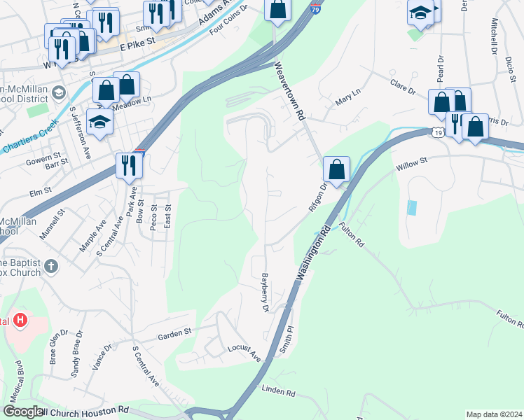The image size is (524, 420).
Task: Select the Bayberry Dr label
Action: coord(266,292)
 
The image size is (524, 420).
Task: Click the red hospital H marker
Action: coord(20,321)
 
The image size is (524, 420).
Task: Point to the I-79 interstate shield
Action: coord(316,10)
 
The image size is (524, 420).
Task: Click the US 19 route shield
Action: coord(437,131)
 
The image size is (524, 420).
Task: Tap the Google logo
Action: coord(23,412)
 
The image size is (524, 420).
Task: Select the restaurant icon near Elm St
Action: coord(129,166)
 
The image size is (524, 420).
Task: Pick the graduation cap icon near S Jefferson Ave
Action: coord(99,121)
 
